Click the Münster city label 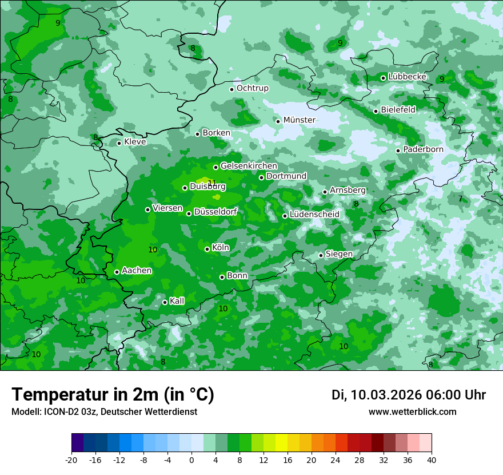pos(299,120)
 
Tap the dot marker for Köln pos(207,249)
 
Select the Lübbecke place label pos(407,77)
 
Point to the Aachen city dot pos(117,272)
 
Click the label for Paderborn pos(423,149)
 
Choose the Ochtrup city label pos(252,88)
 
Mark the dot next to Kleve pos(119,143)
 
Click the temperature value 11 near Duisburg pos(212,183)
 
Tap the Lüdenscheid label pos(314,215)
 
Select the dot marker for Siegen pos(321,255)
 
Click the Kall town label pos(177,301)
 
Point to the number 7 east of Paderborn pos(460,199)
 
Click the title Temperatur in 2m pos(113,395)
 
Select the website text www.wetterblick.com pos(412,412)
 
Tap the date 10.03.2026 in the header pos(386,395)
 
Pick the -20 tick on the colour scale pos(71,460)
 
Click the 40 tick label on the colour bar pos(431,460)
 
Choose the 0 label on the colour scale pos(191,460)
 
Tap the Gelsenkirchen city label pos(249,166)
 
